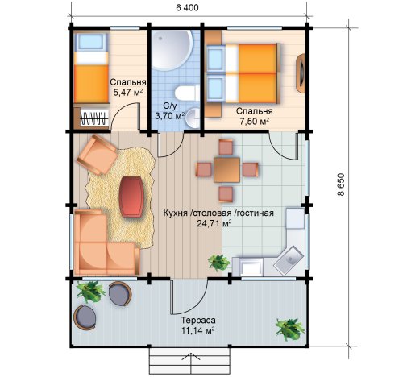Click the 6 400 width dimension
tap(187, 8)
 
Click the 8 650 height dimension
tap(341, 184)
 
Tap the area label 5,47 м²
tap(127, 93)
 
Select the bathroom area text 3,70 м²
tap(170, 116)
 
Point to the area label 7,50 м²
tap(254, 121)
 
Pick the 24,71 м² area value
tap(214, 223)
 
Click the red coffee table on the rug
tap(131, 197)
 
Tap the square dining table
tap(227, 170)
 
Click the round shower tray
tap(172, 50)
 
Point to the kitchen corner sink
tap(289, 260)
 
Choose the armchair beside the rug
tap(98, 155)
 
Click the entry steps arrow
tap(190, 363)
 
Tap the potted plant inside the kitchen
tap(219, 263)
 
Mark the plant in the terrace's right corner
tap(290, 329)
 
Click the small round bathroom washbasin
tap(193, 118)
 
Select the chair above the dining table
tap(226, 147)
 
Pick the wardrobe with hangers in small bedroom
tap(91, 118)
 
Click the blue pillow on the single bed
tap(91, 43)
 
